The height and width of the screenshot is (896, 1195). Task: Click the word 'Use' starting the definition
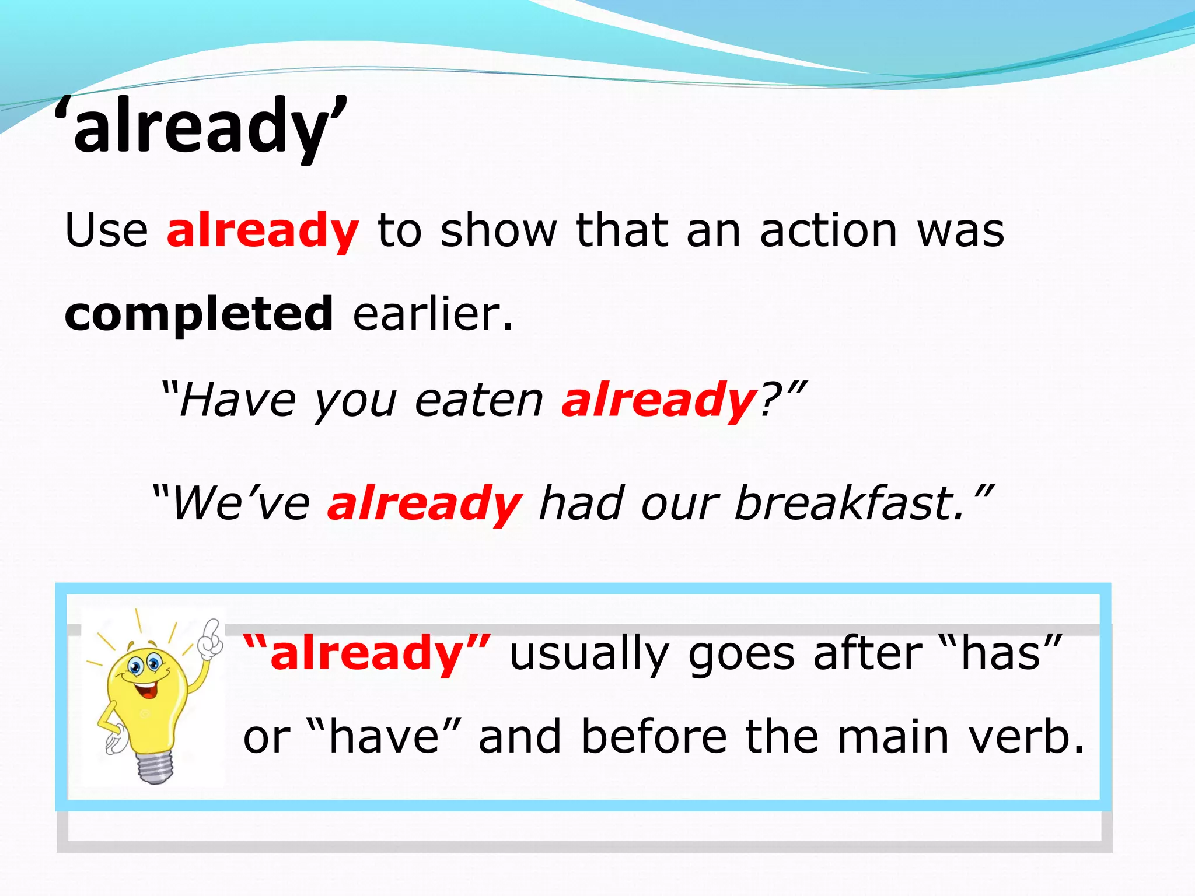107,230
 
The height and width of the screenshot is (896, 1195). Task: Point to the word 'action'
829,230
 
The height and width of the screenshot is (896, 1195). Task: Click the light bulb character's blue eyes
144,664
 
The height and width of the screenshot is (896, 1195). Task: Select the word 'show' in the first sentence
499,230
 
